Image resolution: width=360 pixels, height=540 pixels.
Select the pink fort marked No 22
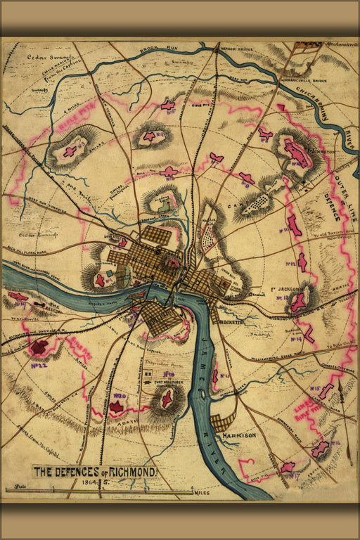coord(39,346)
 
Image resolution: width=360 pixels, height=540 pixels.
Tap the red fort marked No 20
coord(117,406)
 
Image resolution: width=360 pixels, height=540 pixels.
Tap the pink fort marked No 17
coord(287,467)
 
